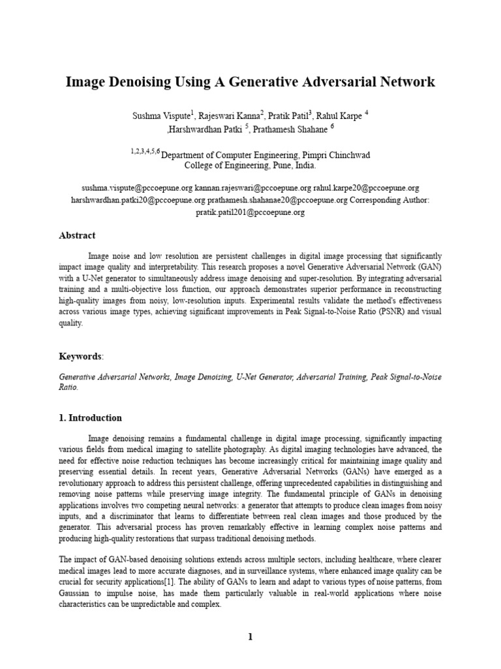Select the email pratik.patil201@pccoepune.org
[250, 212]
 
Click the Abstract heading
[77, 236]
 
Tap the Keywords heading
[80, 357]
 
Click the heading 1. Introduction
[90, 418]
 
